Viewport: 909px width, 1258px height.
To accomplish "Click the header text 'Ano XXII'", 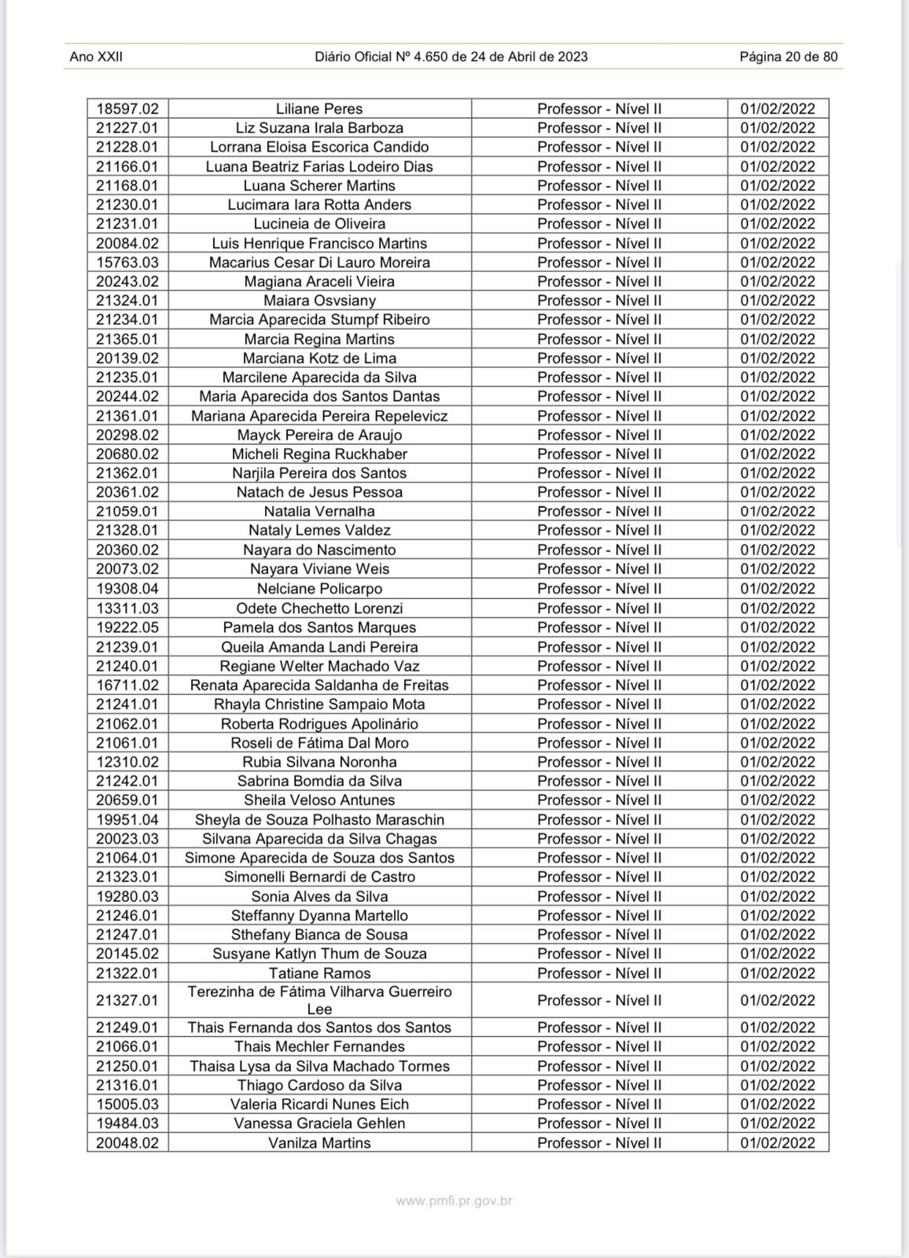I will [96, 57].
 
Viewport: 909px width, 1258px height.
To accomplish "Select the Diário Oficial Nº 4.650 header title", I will [451, 57].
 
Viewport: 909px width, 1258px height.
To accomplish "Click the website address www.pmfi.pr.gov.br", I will [454, 1201].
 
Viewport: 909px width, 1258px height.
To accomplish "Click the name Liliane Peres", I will [319, 109].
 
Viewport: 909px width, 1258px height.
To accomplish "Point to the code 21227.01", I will [127, 128].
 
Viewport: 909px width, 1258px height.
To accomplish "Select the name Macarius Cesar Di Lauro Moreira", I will [319, 263].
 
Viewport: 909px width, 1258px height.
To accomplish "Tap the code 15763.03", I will [127, 263].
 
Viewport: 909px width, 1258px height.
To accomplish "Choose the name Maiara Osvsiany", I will [319, 300].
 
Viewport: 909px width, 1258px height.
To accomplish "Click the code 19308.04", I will [127, 589].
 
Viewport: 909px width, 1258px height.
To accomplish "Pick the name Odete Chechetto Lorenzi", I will [319, 609].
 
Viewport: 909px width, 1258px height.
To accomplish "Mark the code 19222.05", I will [127, 627].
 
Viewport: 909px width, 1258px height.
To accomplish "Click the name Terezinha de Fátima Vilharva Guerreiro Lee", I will [319, 1000].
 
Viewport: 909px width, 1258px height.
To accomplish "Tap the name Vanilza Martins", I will [319, 1143].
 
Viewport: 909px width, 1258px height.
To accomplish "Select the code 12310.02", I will [127, 762].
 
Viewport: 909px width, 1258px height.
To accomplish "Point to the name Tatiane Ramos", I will [319, 973].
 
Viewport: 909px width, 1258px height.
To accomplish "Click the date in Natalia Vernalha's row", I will [778, 512].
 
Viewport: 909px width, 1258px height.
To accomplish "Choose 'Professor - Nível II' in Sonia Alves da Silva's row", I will [599, 896].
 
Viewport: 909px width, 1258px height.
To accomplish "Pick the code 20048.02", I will [127, 1143].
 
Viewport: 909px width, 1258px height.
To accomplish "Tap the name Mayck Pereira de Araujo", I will [319, 435].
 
